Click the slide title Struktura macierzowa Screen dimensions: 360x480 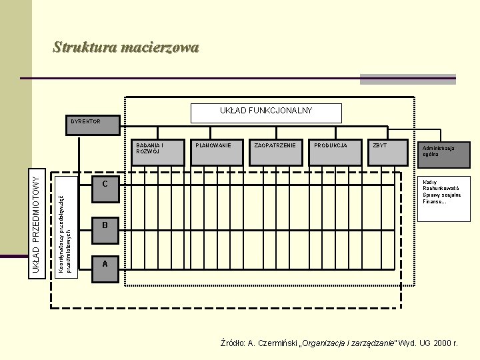click(126, 47)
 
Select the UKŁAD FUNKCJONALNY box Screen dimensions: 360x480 click(266, 113)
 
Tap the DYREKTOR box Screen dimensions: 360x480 click(92, 125)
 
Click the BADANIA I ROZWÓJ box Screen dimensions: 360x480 click(157, 152)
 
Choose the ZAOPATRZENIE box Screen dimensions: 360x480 click(275, 152)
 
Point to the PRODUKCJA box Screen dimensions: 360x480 click(334, 152)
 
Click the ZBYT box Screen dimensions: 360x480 click(389, 152)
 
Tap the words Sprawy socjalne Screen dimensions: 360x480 click(442, 195)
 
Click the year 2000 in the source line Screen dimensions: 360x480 click(441, 343)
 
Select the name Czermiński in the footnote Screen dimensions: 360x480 click(279, 343)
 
